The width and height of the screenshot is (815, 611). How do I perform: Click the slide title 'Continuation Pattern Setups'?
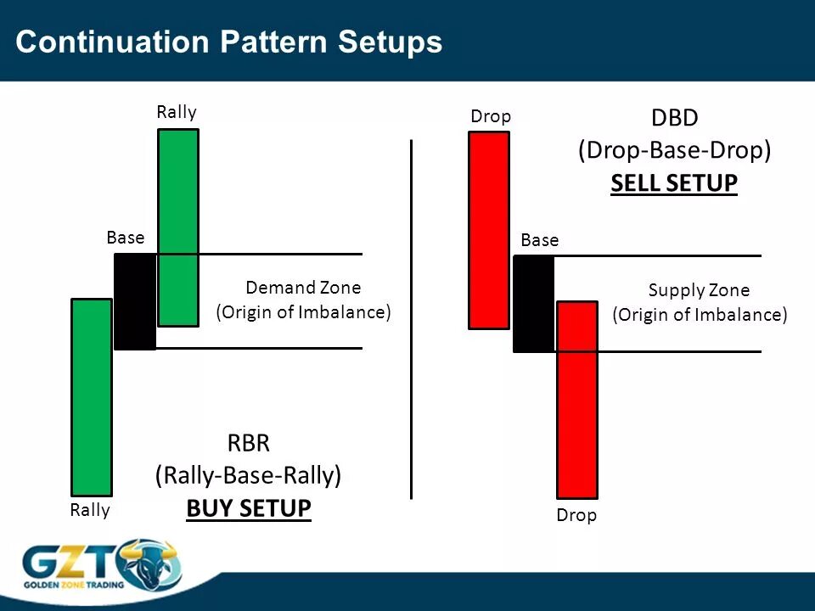point(228,42)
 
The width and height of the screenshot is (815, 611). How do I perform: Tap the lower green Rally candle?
point(92,397)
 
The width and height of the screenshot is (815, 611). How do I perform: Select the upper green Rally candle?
point(178,227)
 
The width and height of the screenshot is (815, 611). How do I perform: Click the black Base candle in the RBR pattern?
point(135,301)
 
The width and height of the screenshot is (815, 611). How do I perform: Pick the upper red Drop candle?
point(489,230)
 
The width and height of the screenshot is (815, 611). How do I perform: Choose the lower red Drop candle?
point(577,400)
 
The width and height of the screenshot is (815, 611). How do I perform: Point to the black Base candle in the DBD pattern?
point(534,304)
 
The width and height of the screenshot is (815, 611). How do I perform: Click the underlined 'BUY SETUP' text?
point(249,508)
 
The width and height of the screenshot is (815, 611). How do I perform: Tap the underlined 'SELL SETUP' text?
point(674,183)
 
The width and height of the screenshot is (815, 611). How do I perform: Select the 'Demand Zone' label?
point(303,288)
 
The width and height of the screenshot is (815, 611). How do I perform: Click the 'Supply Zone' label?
point(699,290)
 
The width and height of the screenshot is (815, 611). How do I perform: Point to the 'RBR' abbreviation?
point(249,443)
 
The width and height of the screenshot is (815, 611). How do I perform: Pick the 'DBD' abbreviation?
point(674,118)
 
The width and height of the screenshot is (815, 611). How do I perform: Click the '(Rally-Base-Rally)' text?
point(249,475)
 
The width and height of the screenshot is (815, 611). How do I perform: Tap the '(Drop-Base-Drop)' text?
point(675,150)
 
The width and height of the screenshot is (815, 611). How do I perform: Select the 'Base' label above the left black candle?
point(126,238)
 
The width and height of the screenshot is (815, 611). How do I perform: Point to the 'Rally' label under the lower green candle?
point(90,510)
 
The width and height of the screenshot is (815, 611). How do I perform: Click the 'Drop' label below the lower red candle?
point(576,515)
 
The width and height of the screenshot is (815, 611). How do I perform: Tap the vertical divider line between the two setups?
point(411,320)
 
